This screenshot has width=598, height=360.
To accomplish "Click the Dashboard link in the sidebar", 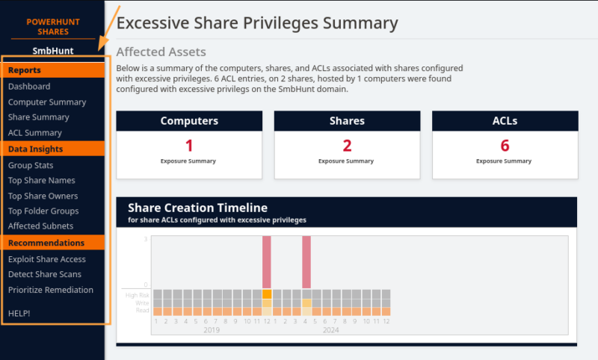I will pos(29,87).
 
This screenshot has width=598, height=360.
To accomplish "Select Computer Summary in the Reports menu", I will pos(47,102).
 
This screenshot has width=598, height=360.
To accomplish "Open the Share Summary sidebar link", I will pos(38,117).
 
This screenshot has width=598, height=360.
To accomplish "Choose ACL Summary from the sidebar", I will pos(35,133).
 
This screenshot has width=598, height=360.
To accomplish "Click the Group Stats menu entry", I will pos(31,166).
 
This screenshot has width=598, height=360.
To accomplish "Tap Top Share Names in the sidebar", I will pos(42,181).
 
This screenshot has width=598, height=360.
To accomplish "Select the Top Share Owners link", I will pos(43,196).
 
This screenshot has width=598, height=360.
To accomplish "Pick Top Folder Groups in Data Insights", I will pos(43,211).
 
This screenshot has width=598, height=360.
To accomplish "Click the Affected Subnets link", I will pos(40,226).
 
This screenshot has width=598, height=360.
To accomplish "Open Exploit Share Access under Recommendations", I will pos(47,260).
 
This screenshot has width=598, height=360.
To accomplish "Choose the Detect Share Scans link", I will pos(44,275).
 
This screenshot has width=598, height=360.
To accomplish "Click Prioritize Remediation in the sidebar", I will pos(51,290).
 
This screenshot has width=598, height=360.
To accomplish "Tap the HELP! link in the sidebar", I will pos(19,313).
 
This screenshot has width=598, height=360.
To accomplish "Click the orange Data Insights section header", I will pos(36,149).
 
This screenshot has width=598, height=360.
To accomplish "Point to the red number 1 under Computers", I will pos(189,146).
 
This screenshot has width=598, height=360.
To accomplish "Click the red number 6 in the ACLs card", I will pos(505,146).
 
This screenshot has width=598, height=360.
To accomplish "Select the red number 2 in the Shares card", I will pos(347,146).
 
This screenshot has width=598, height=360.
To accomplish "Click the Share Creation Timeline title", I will pos(197,208).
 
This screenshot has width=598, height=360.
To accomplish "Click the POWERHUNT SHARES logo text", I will pos(52,27).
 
